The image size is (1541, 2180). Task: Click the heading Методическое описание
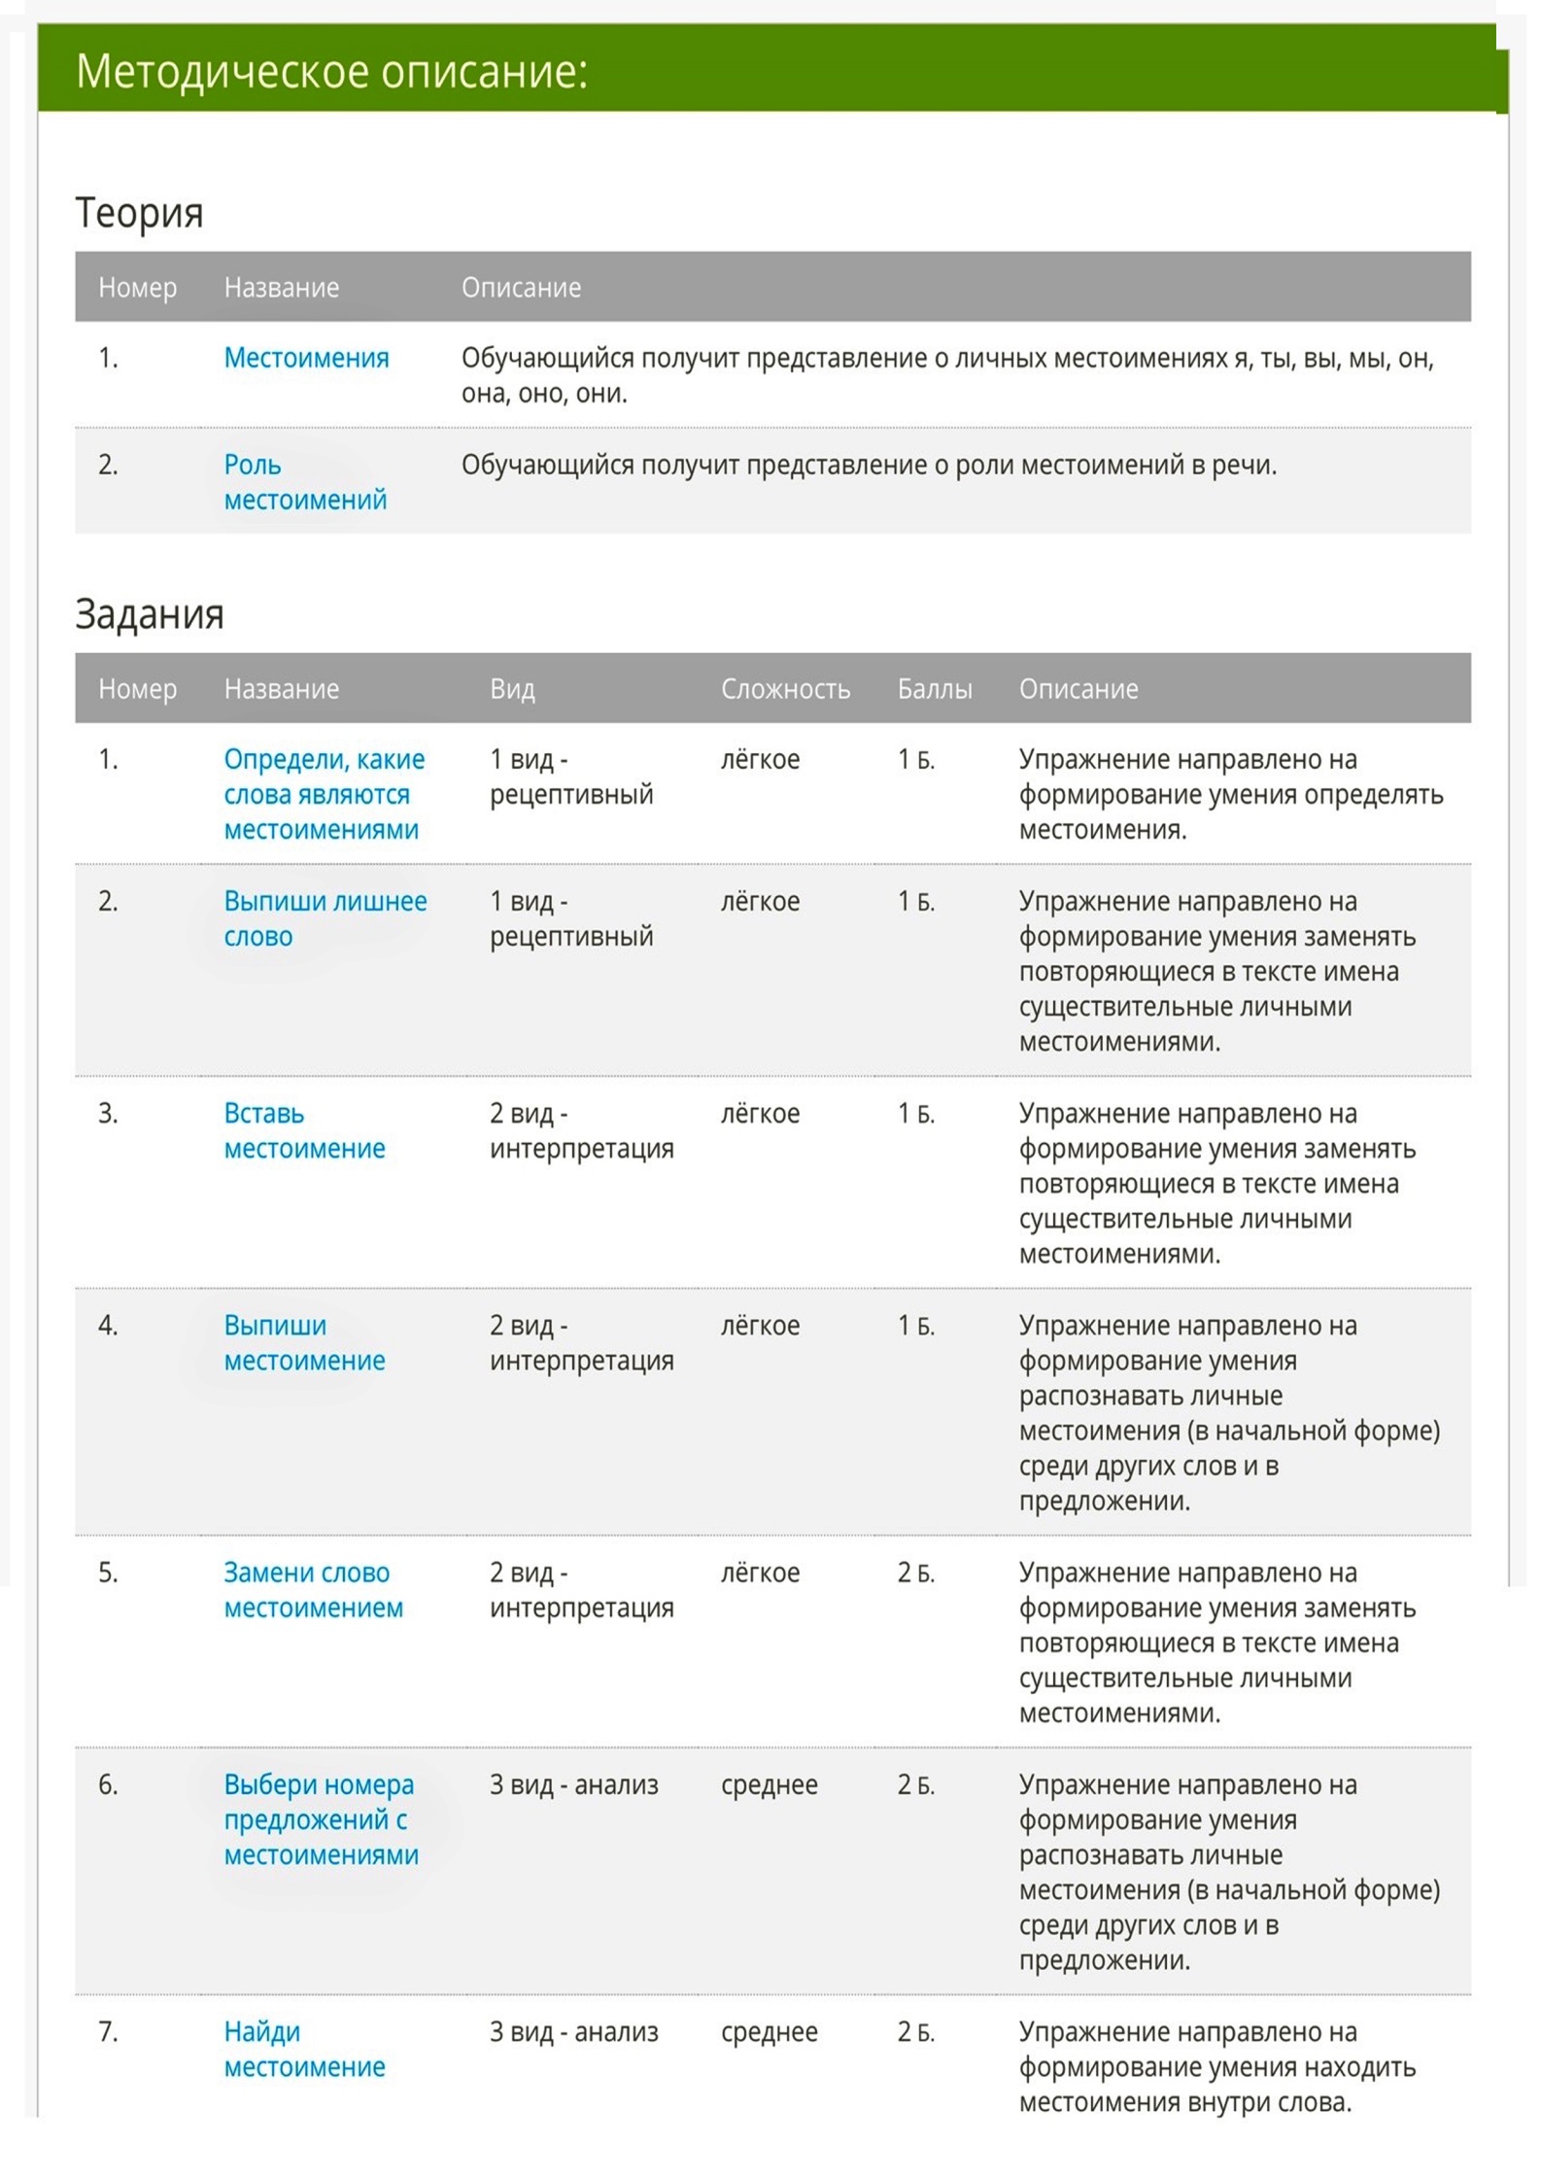pos(331,72)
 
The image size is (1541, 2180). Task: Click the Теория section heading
pos(139,213)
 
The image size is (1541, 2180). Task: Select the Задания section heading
pos(150,614)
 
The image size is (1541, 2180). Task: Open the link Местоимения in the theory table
pos(306,358)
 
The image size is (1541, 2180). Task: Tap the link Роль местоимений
pos(305,482)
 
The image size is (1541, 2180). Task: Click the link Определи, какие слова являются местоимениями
pos(324,794)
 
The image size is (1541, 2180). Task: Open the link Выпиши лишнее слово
pos(325,918)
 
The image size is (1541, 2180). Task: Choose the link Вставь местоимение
pos(304,1130)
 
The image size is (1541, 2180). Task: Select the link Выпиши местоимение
pos(304,1342)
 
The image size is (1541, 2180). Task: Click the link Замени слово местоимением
pos(313,1589)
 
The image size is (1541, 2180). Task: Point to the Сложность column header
pos(785,689)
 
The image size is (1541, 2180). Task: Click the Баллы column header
pos(934,689)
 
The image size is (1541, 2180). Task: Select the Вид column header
pos(512,689)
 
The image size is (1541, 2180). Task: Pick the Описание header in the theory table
pos(521,288)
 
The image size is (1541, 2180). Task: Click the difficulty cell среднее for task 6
pos(769,1784)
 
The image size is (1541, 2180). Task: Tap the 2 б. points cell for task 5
pos(915,1573)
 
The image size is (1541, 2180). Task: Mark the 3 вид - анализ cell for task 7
pos(573,2031)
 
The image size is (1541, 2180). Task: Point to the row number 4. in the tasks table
pos(108,1326)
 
